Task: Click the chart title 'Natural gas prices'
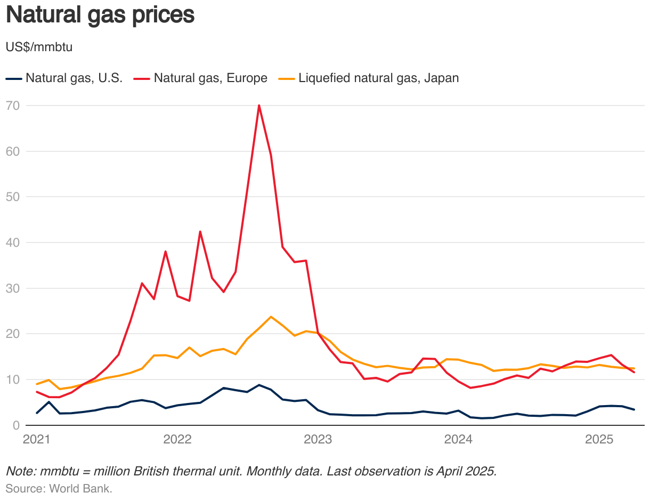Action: click(100, 15)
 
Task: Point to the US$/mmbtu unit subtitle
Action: click(39, 47)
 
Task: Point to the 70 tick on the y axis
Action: click(13, 106)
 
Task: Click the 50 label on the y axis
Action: click(13, 197)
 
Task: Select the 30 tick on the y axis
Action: click(13, 288)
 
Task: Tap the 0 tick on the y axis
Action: click(16, 425)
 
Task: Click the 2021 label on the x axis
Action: click(37, 440)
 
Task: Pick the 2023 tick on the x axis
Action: click(318, 440)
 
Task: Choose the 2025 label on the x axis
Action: click(599, 440)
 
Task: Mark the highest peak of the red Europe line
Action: click(259, 106)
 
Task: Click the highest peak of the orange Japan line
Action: click(271, 317)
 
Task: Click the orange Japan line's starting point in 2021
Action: click(37, 384)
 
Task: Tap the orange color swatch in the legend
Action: click(286, 78)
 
